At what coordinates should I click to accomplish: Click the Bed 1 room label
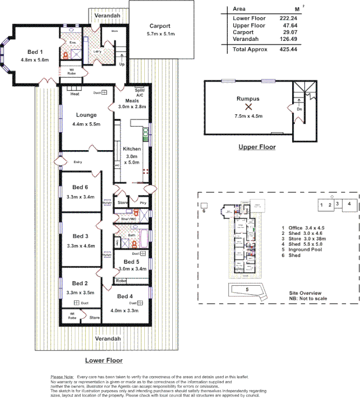(x=35, y=52)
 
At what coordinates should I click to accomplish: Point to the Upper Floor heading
(x=257, y=147)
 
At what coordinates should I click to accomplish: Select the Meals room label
(x=132, y=100)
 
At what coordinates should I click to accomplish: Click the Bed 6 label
(x=80, y=187)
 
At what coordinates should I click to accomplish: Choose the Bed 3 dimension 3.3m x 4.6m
(x=80, y=245)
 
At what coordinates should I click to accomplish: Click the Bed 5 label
(x=131, y=262)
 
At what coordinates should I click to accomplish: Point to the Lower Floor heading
(x=103, y=360)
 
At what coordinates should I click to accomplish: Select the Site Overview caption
(x=306, y=293)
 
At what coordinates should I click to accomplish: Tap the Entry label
(x=77, y=162)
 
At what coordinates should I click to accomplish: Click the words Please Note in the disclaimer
(x=62, y=377)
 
